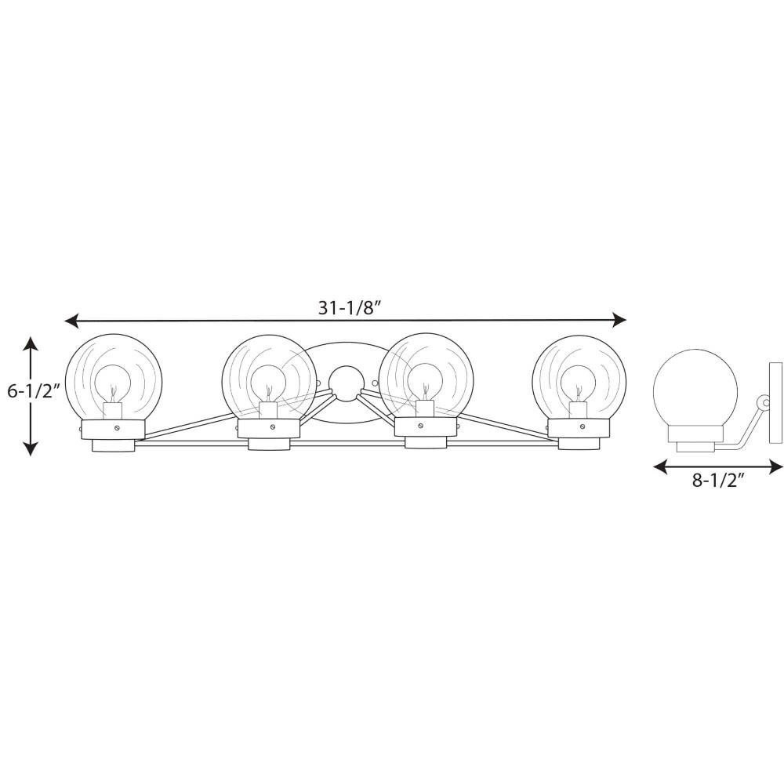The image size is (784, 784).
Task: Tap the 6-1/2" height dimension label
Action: coord(34,390)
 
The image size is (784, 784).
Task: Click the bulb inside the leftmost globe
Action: coord(113,384)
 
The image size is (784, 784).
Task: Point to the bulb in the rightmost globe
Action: coord(578,384)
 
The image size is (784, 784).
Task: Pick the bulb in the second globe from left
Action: coord(268,384)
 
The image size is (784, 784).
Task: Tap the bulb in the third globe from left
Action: coord(424,383)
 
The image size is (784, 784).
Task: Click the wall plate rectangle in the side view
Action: coord(775,402)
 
